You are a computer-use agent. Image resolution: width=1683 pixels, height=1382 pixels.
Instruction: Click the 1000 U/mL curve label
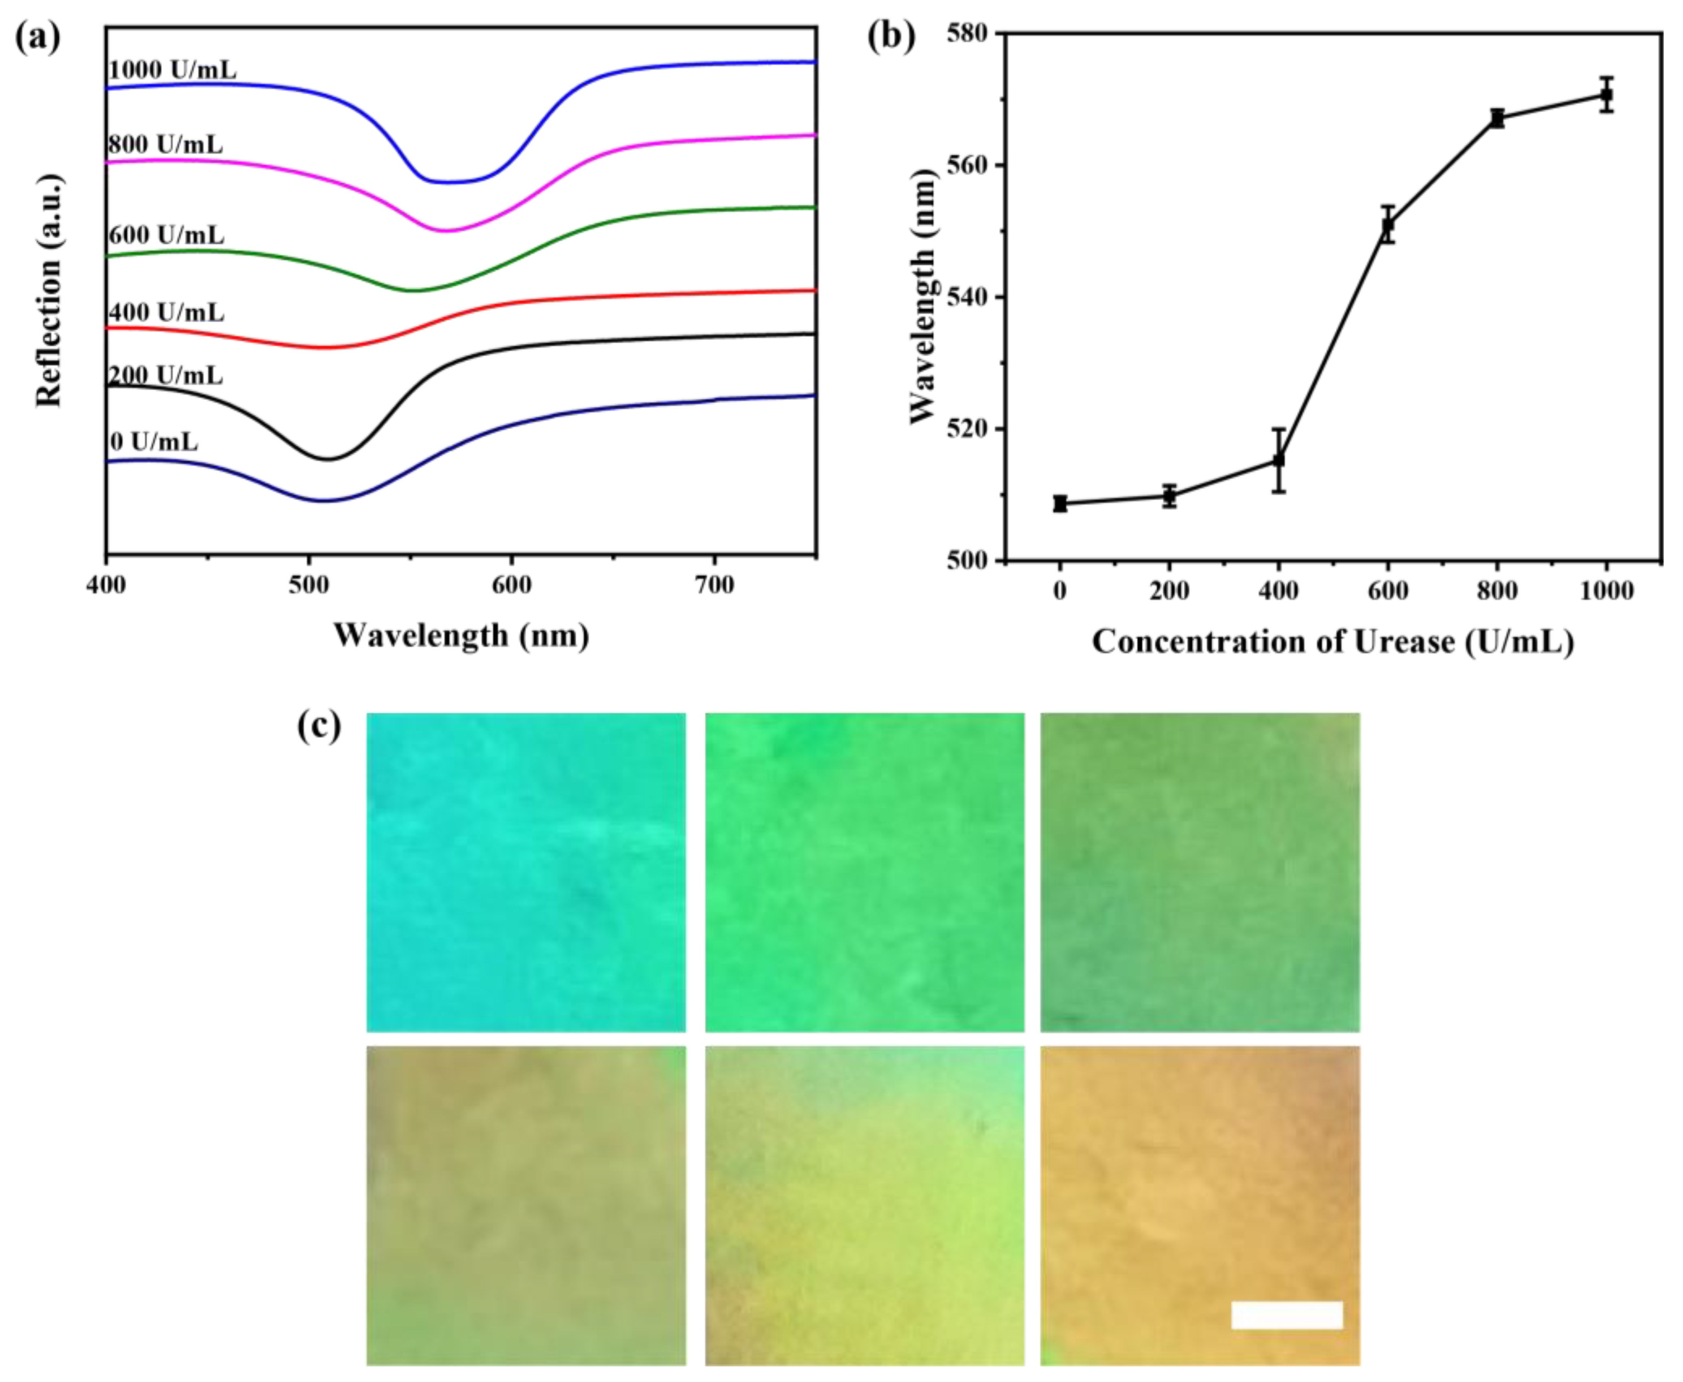[x=172, y=70]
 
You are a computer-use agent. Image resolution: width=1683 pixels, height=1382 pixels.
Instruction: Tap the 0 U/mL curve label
[x=154, y=441]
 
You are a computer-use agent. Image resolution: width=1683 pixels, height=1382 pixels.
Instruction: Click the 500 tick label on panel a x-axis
[x=309, y=585]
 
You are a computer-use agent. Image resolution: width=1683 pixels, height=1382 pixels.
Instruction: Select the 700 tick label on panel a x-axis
[x=714, y=585]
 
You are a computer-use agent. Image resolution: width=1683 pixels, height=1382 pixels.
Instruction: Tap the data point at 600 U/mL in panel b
[x=1388, y=225]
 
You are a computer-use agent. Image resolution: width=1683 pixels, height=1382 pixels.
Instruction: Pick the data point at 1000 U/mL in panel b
[x=1606, y=95]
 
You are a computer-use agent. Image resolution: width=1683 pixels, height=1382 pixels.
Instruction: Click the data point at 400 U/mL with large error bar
[x=1278, y=460]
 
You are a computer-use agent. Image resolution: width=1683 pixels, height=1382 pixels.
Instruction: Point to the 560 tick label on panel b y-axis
[x=965, y=165]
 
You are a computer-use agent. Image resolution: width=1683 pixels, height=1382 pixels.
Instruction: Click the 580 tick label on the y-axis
[x=965, y=33]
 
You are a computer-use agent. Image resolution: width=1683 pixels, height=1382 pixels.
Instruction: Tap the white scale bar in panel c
[x=1286, y=1315]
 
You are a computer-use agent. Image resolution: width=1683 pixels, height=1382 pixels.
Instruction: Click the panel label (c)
[x=319, y=726]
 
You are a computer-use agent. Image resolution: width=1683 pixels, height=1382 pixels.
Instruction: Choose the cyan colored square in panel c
[x=526, y=872]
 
